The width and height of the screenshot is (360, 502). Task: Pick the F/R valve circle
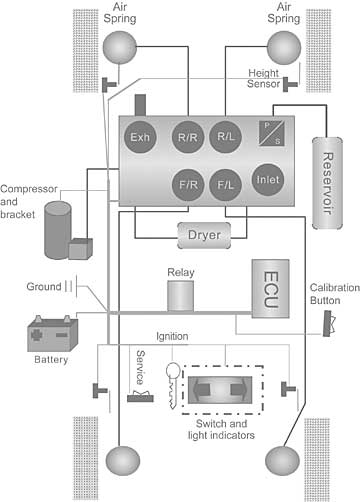tap(185, 186)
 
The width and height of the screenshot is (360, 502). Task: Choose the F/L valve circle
tap(227, 186)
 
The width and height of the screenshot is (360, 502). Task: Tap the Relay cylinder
tap(181, 296)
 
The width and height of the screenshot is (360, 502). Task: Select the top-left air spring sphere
tap(118, 46)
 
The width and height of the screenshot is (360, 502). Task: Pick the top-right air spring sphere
tap(284, 46)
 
